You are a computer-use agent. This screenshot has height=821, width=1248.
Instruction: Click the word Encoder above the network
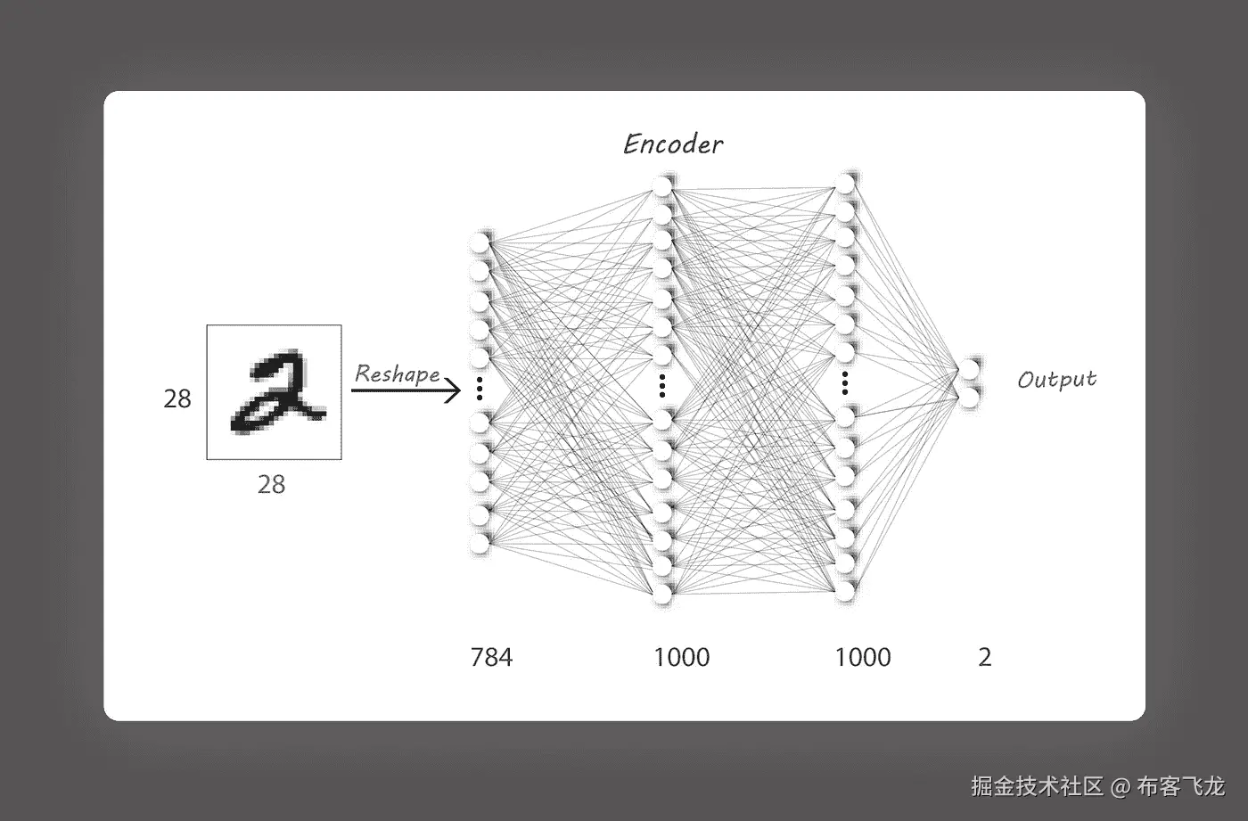click(x=673, y=144)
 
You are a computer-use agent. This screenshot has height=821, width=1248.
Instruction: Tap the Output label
click(x=1056, y=380)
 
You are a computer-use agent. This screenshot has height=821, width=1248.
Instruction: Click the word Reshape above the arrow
click(x=397, y=374)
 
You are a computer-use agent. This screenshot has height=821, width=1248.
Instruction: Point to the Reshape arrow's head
click(x=456, y=390)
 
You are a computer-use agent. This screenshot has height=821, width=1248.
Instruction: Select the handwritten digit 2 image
click(x=275, y=392)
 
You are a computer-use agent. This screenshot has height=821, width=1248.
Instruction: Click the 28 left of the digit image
click(x=177, y=398)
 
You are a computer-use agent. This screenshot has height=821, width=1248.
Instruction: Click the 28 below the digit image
click(x=271, y=484)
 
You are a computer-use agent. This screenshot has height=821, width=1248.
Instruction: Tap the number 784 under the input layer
click(x=491, y=657)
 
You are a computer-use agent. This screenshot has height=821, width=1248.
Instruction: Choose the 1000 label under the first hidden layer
click(x=682, y=657)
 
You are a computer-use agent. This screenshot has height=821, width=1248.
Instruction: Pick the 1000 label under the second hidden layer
click(x=863, y=657)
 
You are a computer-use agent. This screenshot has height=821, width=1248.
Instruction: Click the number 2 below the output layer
click(x=985, y=657)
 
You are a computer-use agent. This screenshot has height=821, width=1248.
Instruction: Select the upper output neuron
click(x=969, y=369)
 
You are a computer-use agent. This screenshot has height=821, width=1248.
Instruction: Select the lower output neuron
click(x=969, y=397)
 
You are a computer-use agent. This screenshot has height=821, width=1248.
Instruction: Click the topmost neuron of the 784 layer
click(x=480, y=242)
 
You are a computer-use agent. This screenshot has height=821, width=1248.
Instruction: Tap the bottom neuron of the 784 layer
click(x=480, y=543)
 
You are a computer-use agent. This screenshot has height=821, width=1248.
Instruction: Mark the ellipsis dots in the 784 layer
click(x=480, y=389)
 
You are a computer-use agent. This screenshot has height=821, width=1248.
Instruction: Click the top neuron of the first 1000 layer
click(x=661, y=186)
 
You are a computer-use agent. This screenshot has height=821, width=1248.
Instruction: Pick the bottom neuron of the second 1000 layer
click(x=845, y=591)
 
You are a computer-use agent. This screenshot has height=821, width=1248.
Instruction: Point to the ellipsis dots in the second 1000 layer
click(x=844, y=384)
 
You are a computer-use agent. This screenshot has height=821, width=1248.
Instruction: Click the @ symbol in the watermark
click(x=1121, y=786)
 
